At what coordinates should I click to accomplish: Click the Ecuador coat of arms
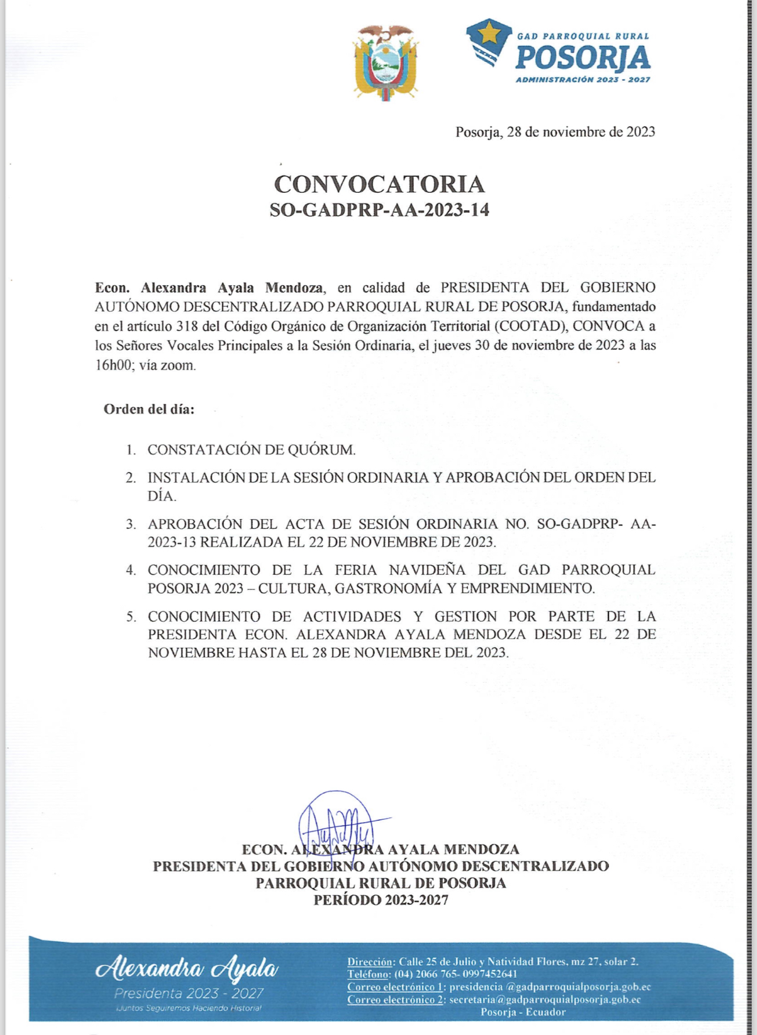click(x=386, y=62)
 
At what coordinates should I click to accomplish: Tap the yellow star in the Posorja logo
click(x=489, y=34)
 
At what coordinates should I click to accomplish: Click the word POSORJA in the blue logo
click(x=582, y=58)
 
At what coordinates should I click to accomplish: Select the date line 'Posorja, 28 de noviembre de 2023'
click(x=555, y=132)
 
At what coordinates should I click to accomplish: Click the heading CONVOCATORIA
click(x=379, y=184)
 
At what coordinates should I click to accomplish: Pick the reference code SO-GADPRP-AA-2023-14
click(x=379, y=210)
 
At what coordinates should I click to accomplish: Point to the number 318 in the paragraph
click(x=187, y=326)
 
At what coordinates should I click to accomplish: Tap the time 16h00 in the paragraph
click(x=112, y=365)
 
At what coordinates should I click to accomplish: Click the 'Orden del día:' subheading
click(x=149, y=409)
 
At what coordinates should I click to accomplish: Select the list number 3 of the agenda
click(x=131, y=524)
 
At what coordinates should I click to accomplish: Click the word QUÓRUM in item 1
click(x=321, y=450)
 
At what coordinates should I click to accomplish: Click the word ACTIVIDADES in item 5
click(x=352, y=617)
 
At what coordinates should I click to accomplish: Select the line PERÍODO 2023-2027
click(x=380, y=900)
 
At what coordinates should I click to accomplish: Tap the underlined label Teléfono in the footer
click(x=368, y=974)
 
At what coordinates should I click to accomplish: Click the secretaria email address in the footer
click(x=545, y=1000)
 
